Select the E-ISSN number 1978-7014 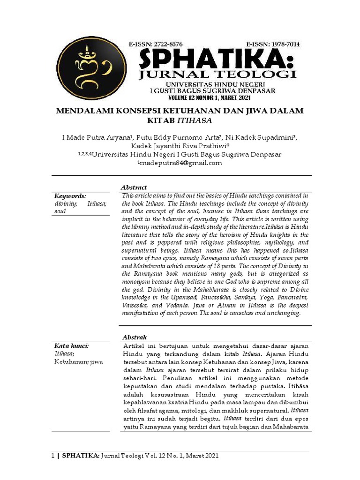point(272,44)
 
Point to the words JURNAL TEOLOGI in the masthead point(217,75)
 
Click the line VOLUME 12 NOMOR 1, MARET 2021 point(210,98)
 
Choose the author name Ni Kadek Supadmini point(261,137)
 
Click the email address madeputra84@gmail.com point(180,163)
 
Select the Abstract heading point(134,187)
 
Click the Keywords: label point(70,196)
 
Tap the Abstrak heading point(134,337)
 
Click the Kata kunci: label point(72,346)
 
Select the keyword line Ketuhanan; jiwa point(78,362)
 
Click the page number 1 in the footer point(52,455)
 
